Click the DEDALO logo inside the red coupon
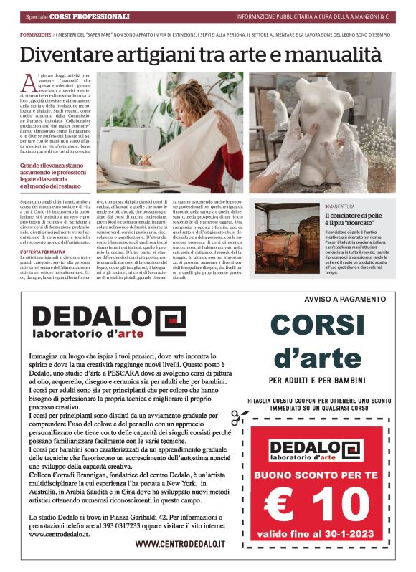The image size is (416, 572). [x=316, y=449]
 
